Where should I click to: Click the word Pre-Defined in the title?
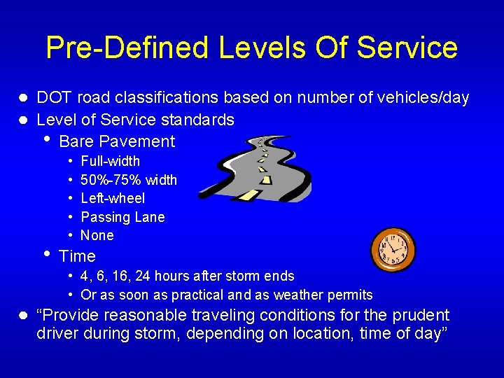126,48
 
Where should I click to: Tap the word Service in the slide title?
407,48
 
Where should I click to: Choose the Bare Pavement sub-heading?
117,141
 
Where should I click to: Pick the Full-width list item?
110,162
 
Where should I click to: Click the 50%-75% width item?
129,180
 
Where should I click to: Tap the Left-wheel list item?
113,199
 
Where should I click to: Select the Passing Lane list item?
122,217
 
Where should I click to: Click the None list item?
97,236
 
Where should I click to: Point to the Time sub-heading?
77,256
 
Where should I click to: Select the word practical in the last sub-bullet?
197,295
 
